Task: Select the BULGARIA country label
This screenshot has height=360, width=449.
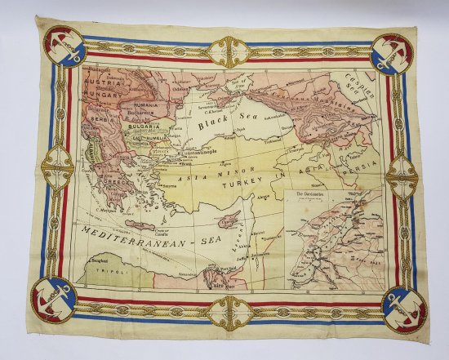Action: (x=142, y=128)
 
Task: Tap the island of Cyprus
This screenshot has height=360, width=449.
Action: (x=231, y=219)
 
